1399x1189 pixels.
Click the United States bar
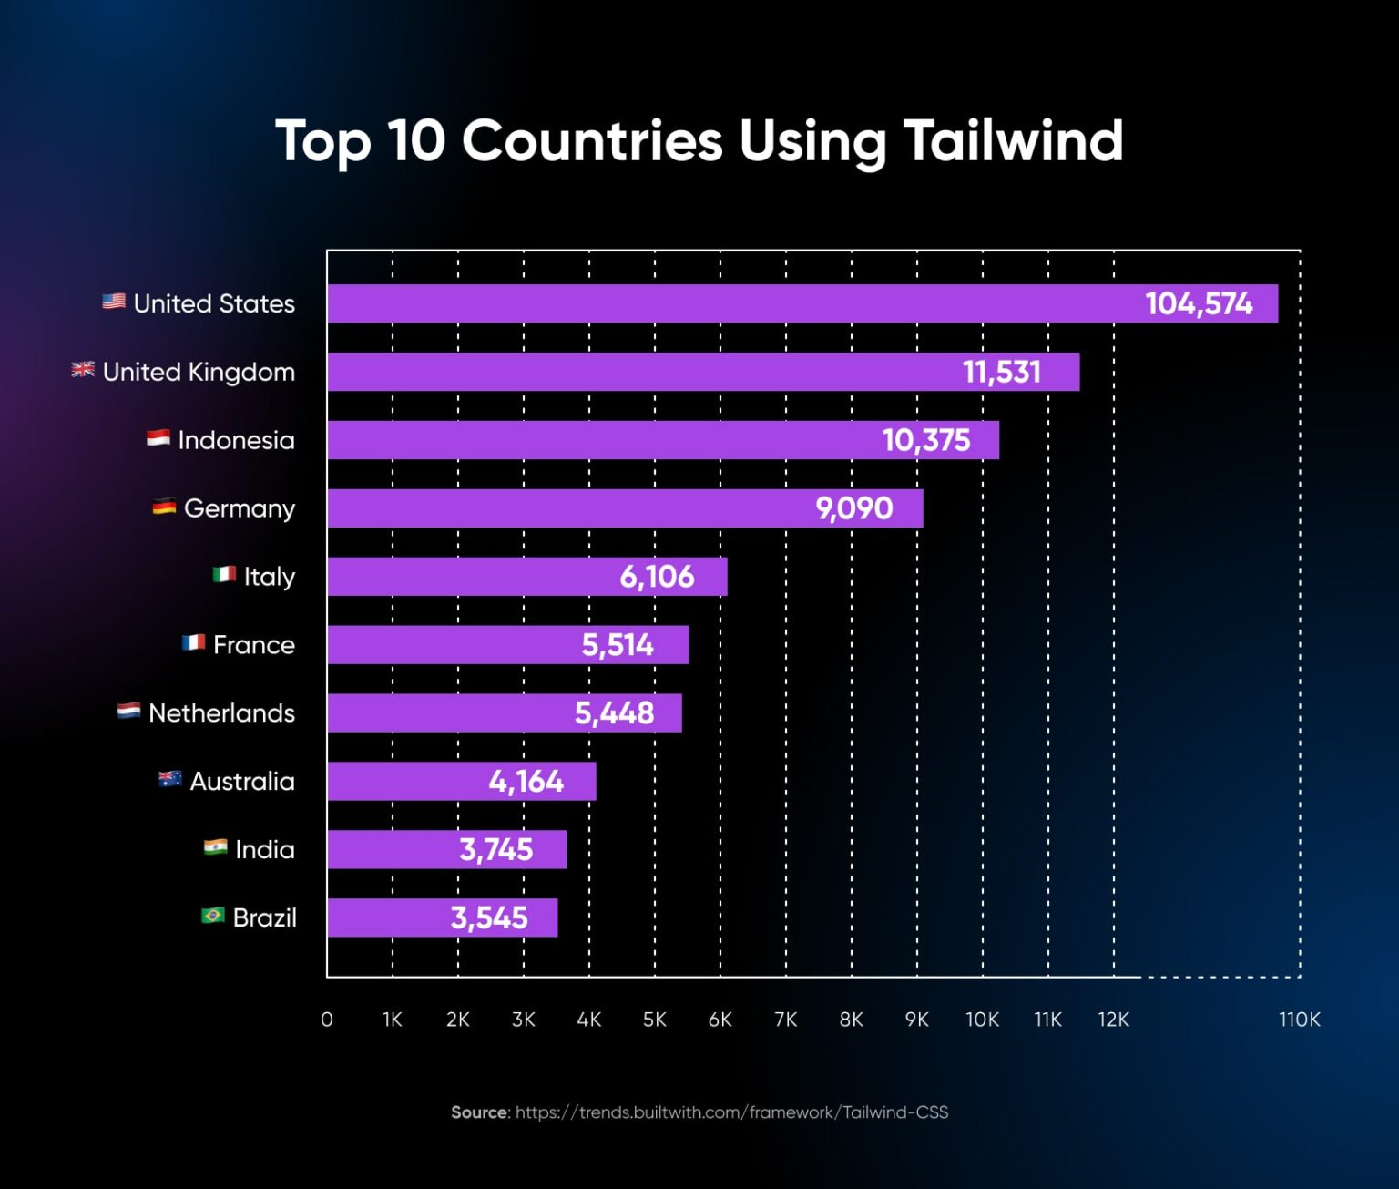[729, 303]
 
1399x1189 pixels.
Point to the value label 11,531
[1002, 372]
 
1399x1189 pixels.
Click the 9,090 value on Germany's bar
[854, 508]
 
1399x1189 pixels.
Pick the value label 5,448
[614, 712]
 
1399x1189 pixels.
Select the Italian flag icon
[224, 574]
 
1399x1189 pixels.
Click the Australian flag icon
[169, 779]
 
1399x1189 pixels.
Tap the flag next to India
[215, 847]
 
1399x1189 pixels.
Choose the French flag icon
[193, 642]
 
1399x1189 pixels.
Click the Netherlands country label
[221, 712]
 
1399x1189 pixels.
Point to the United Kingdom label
[199, 372]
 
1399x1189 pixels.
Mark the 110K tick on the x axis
[1299, 1020]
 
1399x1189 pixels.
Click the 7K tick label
[785, 1020]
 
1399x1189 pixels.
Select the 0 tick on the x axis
[327, 1020]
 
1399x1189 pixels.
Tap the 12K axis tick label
[1113, 1020]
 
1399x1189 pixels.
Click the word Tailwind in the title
[1013, 141]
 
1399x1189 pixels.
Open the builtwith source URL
[731, 1112]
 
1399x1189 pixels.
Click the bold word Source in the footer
[480, 1112]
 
